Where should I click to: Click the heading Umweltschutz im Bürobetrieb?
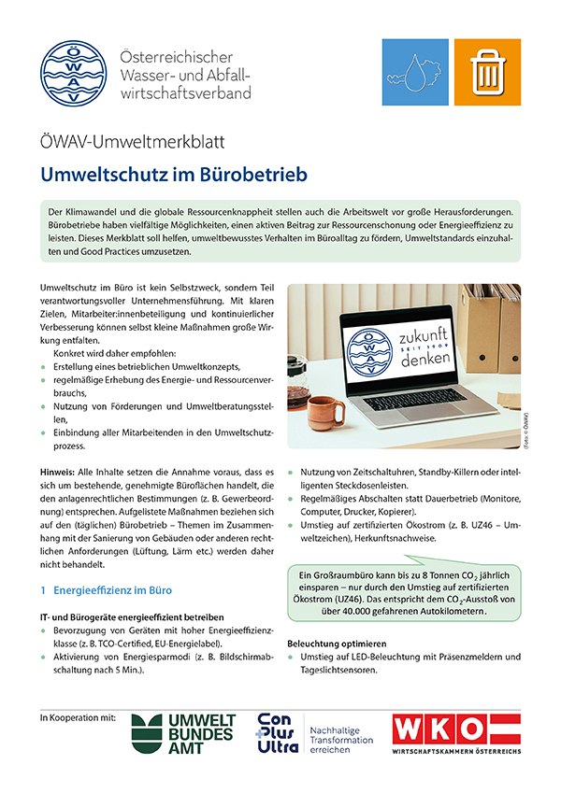tap(173, 175)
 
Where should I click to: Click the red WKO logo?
tap(454, 730)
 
